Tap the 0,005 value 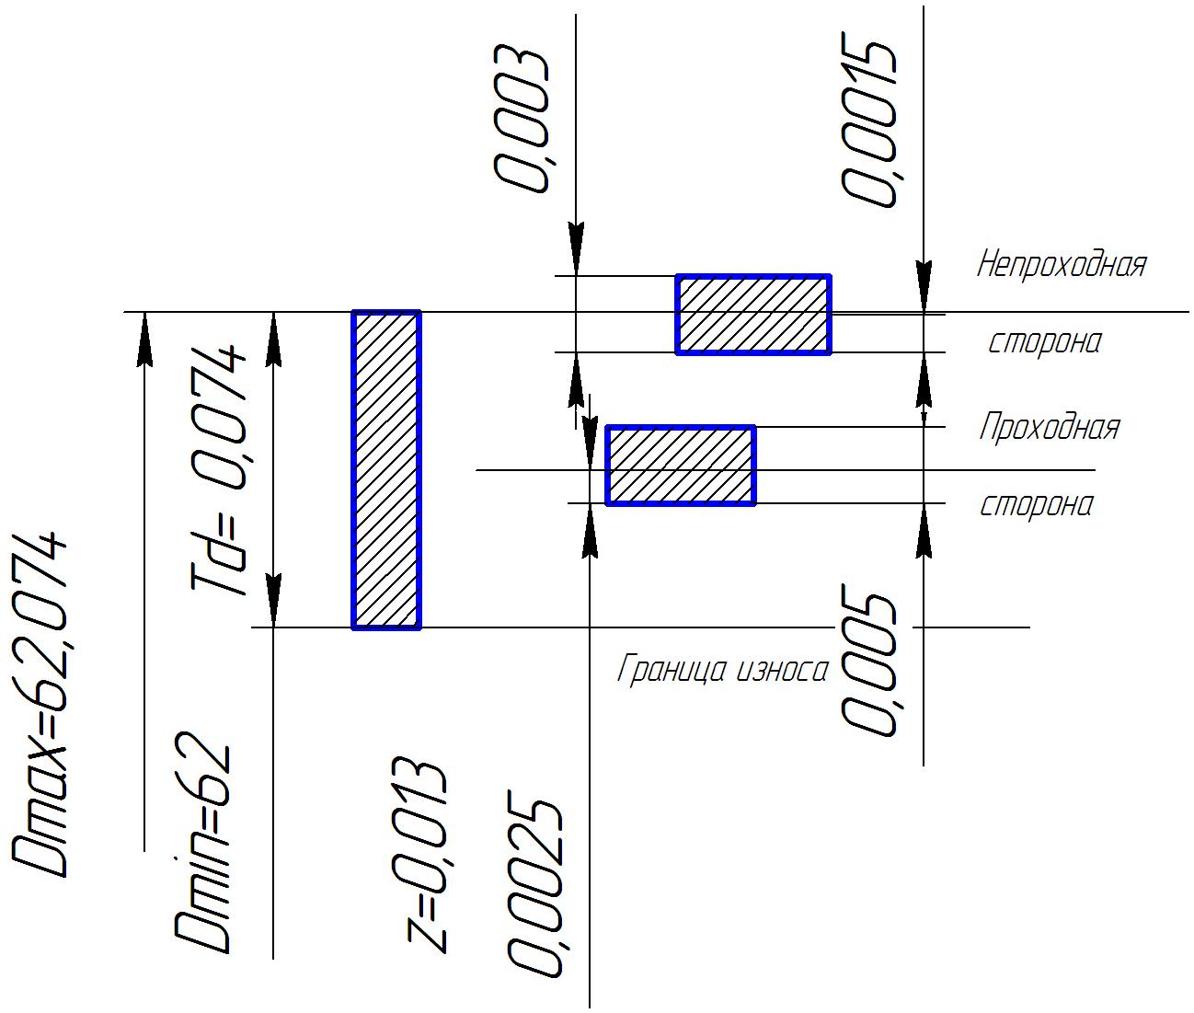(x=867, y=662)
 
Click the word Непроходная (x=1061, y=265)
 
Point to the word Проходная (x=1049, y=427)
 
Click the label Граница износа (x=722, y=670)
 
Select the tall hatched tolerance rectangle (x=386, y=470)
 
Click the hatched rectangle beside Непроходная (x=753, y=314)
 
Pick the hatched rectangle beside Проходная (x=681, y=466)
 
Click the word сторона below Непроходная (x=1044, y=342)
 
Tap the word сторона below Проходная (x=1037, y=505)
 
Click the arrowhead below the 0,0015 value (x=924, y=281)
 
